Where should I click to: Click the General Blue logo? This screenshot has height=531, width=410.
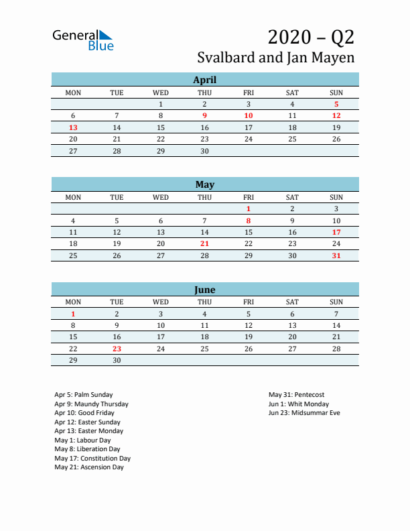[83, 40]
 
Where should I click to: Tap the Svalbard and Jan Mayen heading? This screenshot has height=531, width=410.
[276, 58]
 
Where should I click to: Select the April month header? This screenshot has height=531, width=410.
[204, 80]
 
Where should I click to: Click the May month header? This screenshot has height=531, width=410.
[204, 184]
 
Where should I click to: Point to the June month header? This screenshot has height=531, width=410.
[204, 290]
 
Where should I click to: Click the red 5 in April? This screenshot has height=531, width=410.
[336, 104]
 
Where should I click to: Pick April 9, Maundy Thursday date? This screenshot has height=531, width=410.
[204, 115]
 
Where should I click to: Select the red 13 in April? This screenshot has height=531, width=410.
[73, 127]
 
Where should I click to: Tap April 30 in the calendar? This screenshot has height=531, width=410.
[204, 151]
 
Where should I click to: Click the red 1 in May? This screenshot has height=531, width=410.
[249, 209]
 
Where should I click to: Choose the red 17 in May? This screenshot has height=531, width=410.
[336, 232]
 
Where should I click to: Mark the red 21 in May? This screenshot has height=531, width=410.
[204, 244]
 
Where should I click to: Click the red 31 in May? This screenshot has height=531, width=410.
[336, 255]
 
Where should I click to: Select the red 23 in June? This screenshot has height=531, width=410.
[117, 349]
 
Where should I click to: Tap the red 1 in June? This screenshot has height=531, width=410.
[73, 314]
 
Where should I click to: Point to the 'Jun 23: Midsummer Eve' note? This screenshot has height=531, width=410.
[304, 413]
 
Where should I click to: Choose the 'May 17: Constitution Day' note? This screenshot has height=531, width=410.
[92, 459]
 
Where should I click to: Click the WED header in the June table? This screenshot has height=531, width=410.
[161, 302]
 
